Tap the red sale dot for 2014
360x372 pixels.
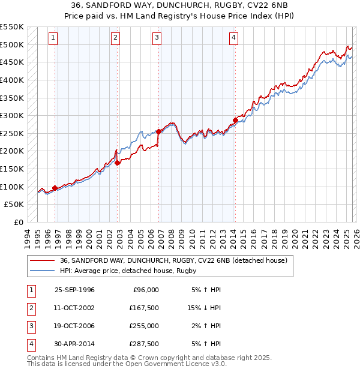(x=236, y=120)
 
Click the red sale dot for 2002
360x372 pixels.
(x=118, y=163)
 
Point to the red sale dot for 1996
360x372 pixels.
(x=55, y=188)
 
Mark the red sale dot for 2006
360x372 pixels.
(x=159, y=131)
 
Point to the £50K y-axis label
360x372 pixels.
(x=14, y=205)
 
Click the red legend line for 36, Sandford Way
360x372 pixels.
(x=43, y=261)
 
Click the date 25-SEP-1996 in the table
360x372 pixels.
(x=74, y=290)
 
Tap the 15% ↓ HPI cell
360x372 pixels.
(x=204, y=308)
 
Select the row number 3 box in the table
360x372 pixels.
(x=29, y=326)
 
